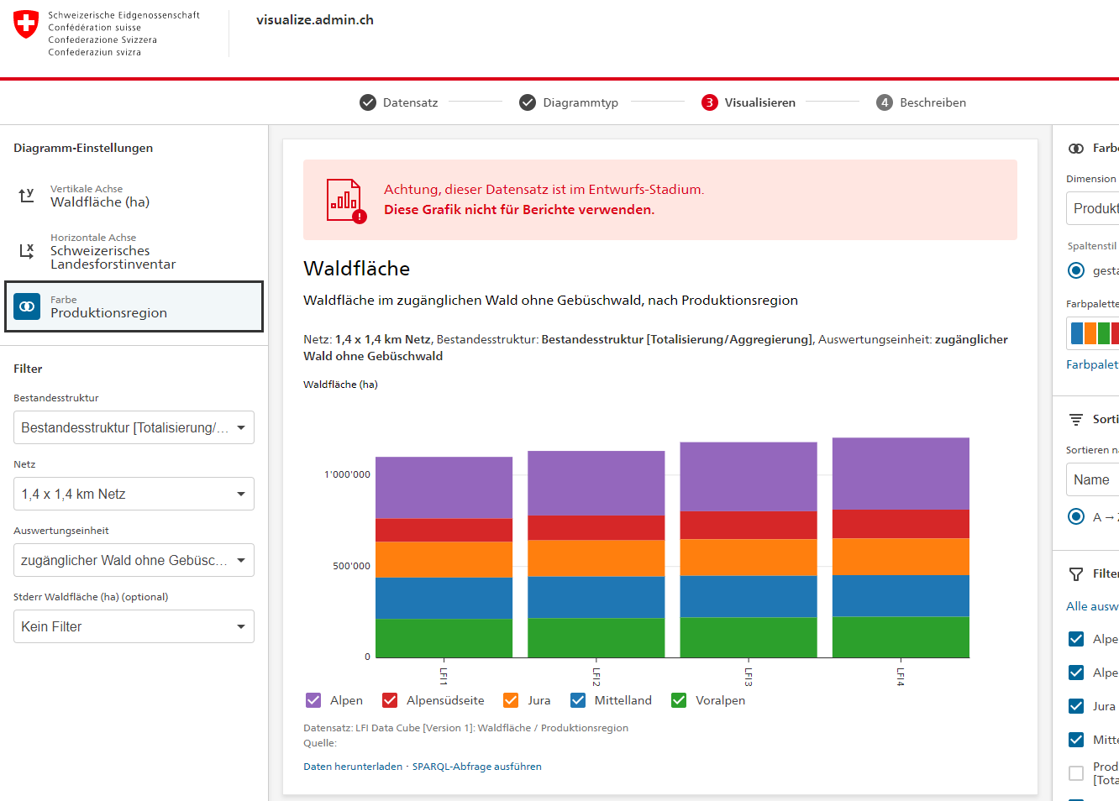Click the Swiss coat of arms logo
(26, 24)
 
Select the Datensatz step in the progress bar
(399, 102)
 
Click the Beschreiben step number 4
(884, 102)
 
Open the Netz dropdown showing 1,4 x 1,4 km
(134, 494)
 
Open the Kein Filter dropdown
(134, 626)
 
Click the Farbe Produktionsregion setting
(134, 306)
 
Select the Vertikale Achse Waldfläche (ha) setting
(100, 196)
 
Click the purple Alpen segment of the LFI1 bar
(444, 487)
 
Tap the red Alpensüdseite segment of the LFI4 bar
(901, 524)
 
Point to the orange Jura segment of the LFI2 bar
(596, 558)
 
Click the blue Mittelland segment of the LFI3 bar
(748, 596)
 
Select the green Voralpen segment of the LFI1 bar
(444, 638)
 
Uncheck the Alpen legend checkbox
(313, 700)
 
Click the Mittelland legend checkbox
(578, 700)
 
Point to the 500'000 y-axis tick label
(351, 566)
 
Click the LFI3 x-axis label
(748, 677)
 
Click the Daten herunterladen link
(353, 767)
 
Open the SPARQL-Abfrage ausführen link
(476, 767)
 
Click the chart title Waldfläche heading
(356, 269)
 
